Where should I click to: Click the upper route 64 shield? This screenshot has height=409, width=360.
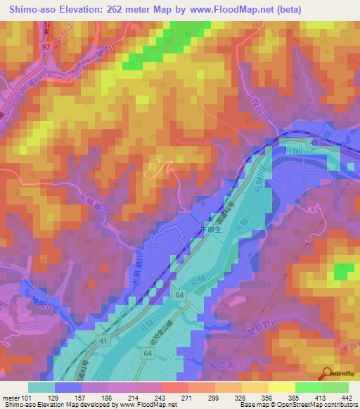(x=180, y=294)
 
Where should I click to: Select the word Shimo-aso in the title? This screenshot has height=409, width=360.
(x=32, y=9)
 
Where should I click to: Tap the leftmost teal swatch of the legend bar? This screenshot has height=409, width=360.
(x=42, y=387)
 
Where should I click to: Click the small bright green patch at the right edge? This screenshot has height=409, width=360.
(x=343, y=272)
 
